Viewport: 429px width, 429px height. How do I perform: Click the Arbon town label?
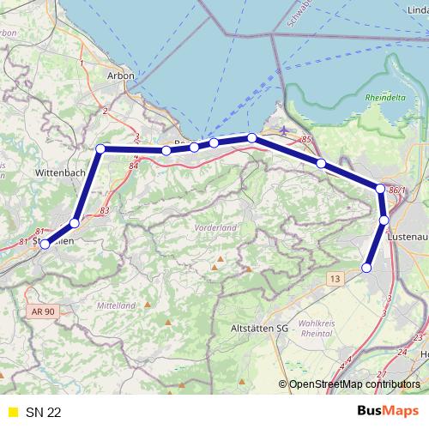[118, 76]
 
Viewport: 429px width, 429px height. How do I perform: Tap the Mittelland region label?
[117, 305]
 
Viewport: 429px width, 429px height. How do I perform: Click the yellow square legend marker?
[12, 413]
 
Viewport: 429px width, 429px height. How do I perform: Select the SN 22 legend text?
[43, 413]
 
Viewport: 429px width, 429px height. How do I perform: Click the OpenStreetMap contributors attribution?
[353, 384]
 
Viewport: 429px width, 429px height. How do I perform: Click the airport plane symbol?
[284, 130]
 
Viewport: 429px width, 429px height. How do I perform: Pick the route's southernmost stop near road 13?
[367, 268]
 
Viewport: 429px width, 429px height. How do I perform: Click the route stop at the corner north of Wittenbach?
[100, 149]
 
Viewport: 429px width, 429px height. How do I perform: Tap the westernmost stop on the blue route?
[45, 244]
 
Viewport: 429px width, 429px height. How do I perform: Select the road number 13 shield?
[335, 278]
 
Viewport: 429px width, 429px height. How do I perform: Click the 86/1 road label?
[395, 190]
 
